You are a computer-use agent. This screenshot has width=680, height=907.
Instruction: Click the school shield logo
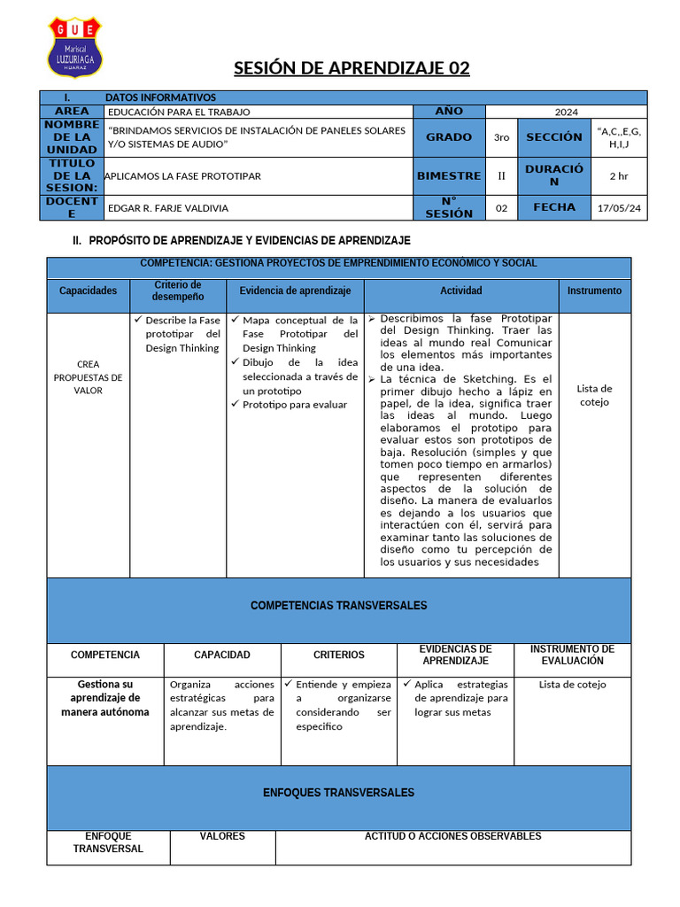tap(74, 47)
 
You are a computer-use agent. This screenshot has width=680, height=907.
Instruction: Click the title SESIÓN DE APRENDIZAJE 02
tap(352, 68)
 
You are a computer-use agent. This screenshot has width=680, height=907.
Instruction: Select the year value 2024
tap(566, 112)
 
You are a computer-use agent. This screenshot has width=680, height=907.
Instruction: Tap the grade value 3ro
tap(501, 137)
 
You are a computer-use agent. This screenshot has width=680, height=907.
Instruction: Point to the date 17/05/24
tap(618, 208)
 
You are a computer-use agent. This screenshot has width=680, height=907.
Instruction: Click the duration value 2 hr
tap(618, 176)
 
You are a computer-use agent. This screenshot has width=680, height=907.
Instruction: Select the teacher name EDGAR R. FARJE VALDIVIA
tap(167, 208)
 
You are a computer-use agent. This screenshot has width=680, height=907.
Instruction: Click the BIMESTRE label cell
tap(449, 176)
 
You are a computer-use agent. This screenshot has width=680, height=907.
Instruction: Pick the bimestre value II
tap(501, 176)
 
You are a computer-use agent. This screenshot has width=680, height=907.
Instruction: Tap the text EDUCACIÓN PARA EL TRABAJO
tap(179, 112)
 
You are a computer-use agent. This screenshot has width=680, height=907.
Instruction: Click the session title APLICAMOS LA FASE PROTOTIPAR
tap(183, 176)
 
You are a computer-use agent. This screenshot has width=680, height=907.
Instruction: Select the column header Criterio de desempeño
tap(177, 291)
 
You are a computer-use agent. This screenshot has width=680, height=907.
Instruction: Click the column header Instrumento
tap(594, 291)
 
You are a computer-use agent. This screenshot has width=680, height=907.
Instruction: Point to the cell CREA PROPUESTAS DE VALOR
tap(89, 377)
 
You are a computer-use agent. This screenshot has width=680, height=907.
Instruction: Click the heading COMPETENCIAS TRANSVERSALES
tap(338, 606)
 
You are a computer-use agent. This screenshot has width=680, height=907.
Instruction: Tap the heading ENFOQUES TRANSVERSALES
tap(338, 793)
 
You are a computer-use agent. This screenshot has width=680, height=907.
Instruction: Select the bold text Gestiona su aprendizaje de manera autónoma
tap(104, 698)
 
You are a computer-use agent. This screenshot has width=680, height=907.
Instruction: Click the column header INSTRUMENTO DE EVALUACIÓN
tap(572, 655)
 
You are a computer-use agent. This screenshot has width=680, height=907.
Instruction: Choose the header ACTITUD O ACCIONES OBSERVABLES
tap(452, 836)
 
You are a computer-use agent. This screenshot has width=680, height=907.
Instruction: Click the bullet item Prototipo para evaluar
tap(294, 405)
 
